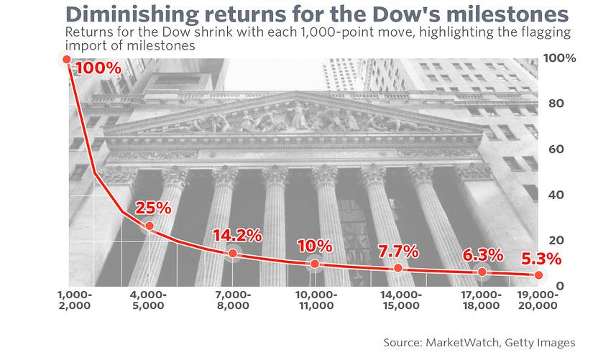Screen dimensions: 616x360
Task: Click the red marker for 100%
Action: (x=67, y=59)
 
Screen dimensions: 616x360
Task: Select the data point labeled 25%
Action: (x=150, y=226)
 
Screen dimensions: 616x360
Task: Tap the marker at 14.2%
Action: (x=233, y=253)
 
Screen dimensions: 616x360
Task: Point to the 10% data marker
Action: (x=315, y=264)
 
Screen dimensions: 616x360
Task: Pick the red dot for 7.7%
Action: (x=398, y=268)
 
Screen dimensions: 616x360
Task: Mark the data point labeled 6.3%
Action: (x=482, y=272)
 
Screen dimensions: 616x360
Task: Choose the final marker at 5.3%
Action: (x=538, y=275)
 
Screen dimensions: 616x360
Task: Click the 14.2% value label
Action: (x=237, y=236)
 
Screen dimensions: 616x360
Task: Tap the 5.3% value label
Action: (x=541, y=259)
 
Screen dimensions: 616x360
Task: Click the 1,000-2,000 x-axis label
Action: (x=75, y=300)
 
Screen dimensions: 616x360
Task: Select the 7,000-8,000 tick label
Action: (x=234, y=300)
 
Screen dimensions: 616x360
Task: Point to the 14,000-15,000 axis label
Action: (x=401, y=300)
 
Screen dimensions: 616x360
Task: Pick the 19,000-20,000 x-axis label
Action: (x=538, y=300)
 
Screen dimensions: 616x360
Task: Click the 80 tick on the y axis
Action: (x=556, y=103)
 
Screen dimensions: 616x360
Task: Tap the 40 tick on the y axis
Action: (x=556, y=195)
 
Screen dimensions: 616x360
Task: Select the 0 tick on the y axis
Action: (x=560, y=286)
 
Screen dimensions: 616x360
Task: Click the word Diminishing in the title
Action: (x=132, y=15)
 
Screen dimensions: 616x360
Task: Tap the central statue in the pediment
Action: (x=298, y=115)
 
